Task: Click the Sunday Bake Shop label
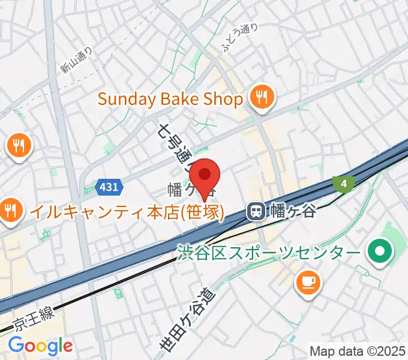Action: click(170, 98)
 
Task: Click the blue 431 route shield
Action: click(109, 187)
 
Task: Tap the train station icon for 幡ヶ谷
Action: click(256, 211)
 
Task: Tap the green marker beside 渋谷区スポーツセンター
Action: click(379, 250)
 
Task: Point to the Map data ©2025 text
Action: click(357, 351)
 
